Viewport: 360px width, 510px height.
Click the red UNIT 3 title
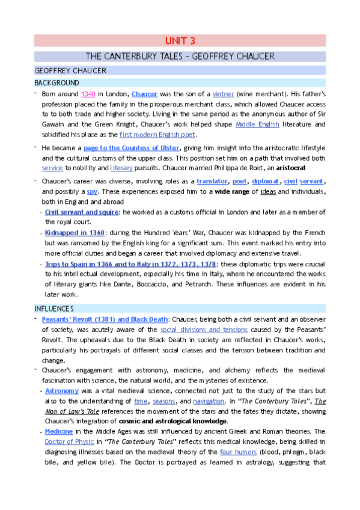pyautogui.click(x=180, y=41)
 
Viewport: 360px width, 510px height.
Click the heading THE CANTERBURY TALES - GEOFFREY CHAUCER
pyautogui.click(x=180, y=57)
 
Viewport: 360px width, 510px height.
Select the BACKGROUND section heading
pyautogui.click(x=56, y=82)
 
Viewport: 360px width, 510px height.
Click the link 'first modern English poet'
pyautogui.click(x=158, y=135)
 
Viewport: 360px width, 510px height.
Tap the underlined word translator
pyautogui.click(x=213, y=181)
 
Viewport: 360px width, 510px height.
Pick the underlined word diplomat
pyautogui.click(x=265, y=181)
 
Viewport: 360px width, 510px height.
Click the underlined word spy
pyautogui.click(x=92, y=191)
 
